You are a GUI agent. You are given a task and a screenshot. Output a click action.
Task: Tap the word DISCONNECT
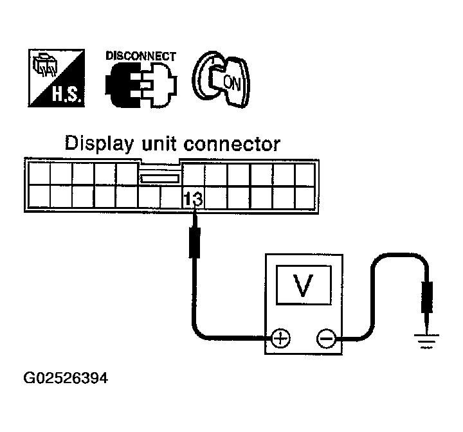pyautogui.click(x=140, y=56)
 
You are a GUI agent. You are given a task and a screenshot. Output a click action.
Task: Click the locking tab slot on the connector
pyautogui.click(x=159, y=178)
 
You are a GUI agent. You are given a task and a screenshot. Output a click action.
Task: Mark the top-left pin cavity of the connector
pyautogui.click(x=39, y=173)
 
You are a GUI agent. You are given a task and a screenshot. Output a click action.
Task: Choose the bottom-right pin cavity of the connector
pyautogui.click(x=304, y=195)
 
